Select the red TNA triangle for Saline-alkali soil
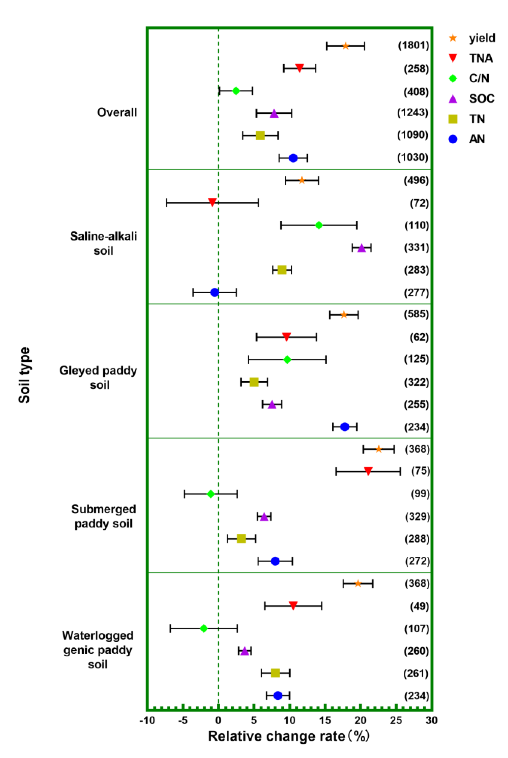212,202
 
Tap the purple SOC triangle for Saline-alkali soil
362,248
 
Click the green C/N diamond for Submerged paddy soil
211,494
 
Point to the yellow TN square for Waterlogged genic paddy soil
275,673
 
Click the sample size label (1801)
413,45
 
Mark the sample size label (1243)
413,112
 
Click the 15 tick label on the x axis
325,720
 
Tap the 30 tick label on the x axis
431,720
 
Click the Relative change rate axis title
288,736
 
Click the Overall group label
117,112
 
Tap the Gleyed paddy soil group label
98,377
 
